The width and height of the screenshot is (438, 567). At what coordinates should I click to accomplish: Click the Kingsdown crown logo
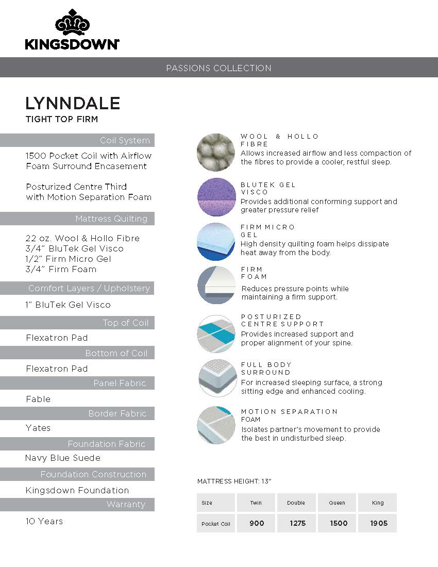pos(72,24)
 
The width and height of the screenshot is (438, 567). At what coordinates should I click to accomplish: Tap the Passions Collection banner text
pos(218,68)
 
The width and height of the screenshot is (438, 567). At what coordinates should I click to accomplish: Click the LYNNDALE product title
pos(73,103)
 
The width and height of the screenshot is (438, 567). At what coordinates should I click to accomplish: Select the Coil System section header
pos(125,140)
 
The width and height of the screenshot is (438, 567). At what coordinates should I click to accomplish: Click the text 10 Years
pos(44,521)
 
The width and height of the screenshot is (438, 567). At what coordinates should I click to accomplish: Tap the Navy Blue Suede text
pos(63,458)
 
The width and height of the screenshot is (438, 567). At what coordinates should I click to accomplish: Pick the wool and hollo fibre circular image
pos(216,152)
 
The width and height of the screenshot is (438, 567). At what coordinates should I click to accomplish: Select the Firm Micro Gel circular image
pos(216,241)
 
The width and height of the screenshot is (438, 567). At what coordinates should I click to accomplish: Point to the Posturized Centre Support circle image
pos(216,334)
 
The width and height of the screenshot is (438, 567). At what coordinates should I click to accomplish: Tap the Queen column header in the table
pos(337,503)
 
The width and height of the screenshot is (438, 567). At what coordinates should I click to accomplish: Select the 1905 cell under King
pos(378,523)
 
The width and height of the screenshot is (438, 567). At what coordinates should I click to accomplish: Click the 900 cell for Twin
pos(257,523)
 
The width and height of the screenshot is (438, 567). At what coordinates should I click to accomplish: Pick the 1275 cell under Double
pos(297,523)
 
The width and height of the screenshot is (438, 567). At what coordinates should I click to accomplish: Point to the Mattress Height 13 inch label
pos(234,481)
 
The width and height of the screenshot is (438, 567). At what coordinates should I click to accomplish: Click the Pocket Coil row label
pos(216,524)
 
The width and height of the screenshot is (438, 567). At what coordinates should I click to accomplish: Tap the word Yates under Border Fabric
pos(38,428)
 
